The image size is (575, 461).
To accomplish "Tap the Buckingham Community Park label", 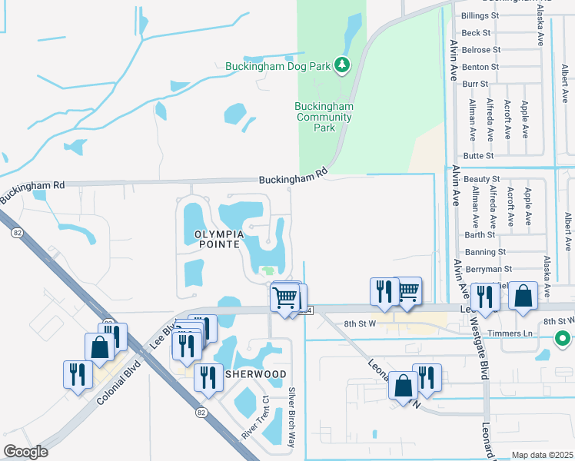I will (324, 118).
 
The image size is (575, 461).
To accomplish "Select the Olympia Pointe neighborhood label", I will (213, 238).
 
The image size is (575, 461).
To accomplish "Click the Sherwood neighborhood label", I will (256, 374).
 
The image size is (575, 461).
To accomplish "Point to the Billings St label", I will (480, 15).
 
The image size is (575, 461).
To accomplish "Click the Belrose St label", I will (481, 50).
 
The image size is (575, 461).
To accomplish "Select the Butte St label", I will (478, 156).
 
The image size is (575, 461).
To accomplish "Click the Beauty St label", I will (482, 179).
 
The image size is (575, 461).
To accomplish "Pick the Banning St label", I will (485, 252).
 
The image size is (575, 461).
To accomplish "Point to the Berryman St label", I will (488, 270).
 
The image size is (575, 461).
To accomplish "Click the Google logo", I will (26, 452).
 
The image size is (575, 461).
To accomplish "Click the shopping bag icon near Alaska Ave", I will (523, 297).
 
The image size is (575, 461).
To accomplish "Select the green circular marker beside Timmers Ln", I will (563, 338).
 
